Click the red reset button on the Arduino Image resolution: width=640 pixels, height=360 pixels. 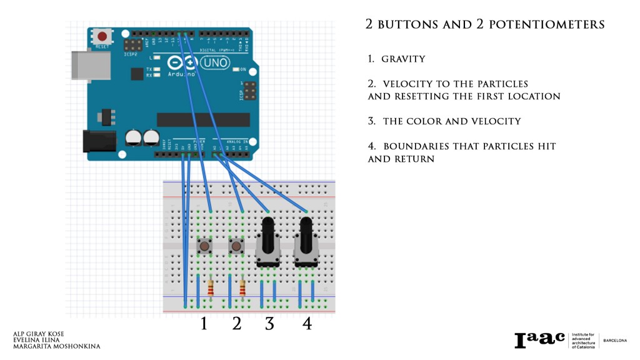[101, 37]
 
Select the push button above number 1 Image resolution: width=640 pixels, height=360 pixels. [204, 246]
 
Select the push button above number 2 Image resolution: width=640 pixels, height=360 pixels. [236, 246]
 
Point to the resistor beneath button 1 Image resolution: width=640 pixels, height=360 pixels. [211, 288]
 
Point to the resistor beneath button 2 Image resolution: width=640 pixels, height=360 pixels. [242, 288]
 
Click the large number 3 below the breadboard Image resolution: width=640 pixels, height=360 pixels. [269, 324]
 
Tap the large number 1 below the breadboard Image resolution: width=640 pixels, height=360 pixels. [203, 324]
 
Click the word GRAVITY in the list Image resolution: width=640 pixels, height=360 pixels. [403, 59]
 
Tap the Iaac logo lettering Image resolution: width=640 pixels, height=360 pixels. [539, 340]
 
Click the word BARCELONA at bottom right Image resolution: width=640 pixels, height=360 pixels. [615, 341]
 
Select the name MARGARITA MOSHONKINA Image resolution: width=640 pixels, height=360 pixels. [56, 346]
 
